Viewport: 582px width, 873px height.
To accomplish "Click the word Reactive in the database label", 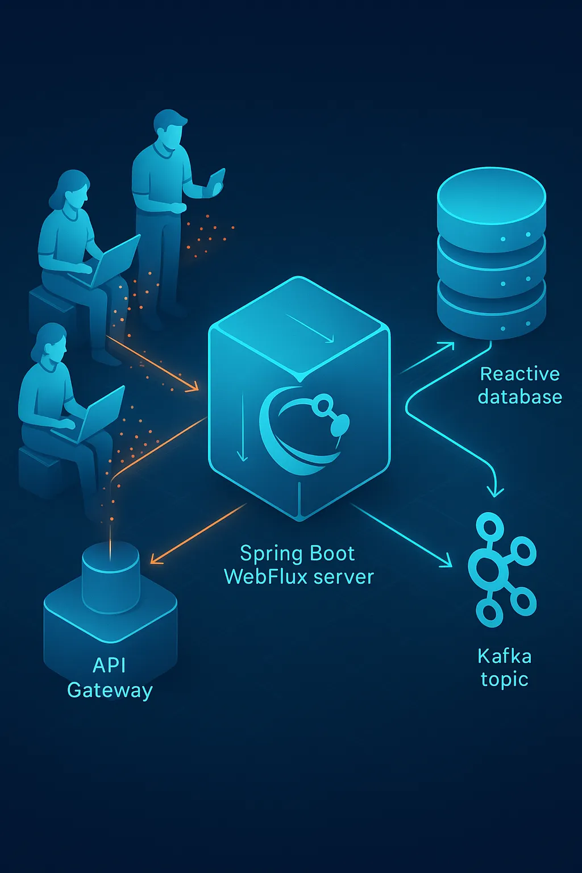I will [x=519, y=374].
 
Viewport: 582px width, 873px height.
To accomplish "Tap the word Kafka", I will [x=504, y=656].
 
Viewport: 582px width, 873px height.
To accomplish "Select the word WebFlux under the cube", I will [x=265, y=577].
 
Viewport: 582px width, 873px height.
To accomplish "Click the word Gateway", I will [x=110, y=690].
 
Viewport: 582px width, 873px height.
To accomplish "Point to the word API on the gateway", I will [x=109, y=665].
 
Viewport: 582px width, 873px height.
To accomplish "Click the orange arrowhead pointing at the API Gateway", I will [x=156, y=559].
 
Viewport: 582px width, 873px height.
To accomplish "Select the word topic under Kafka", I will [x=504, y=680].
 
